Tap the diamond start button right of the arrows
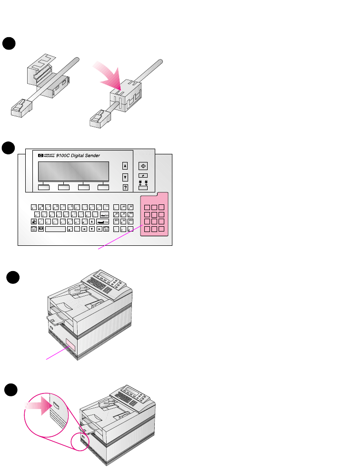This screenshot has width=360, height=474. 143,166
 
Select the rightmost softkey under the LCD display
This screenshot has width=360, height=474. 103,187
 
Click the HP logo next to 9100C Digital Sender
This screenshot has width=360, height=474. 40,155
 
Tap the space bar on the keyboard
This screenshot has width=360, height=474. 55,229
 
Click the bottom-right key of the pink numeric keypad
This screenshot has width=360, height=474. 162,229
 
